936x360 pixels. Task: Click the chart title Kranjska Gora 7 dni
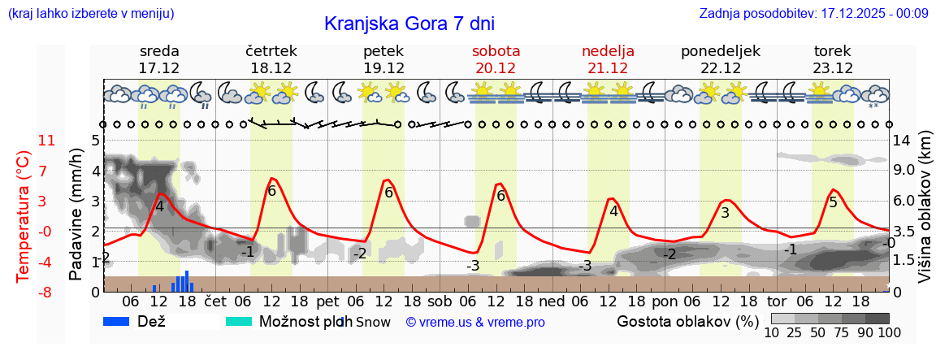click(x=409, y=24)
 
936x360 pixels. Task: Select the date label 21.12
click(x=608, y=68)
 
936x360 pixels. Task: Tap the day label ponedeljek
click(x=720, y=51)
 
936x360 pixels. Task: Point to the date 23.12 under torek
click(x=833, y=68)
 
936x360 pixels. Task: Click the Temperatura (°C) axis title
click(x=24, y=215)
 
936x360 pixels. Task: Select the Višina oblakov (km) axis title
click(x=925, y=215)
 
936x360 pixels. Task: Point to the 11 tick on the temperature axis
click(x=47, y=141)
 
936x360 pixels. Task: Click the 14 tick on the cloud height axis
click(x=903, y=141)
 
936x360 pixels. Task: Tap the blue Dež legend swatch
click(x=122, y=322)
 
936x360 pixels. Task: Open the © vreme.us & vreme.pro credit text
click(x=475, y=323)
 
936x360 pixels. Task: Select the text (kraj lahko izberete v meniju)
click(x=90, y=14)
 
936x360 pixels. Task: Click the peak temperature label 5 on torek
click(x=833, y=202)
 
